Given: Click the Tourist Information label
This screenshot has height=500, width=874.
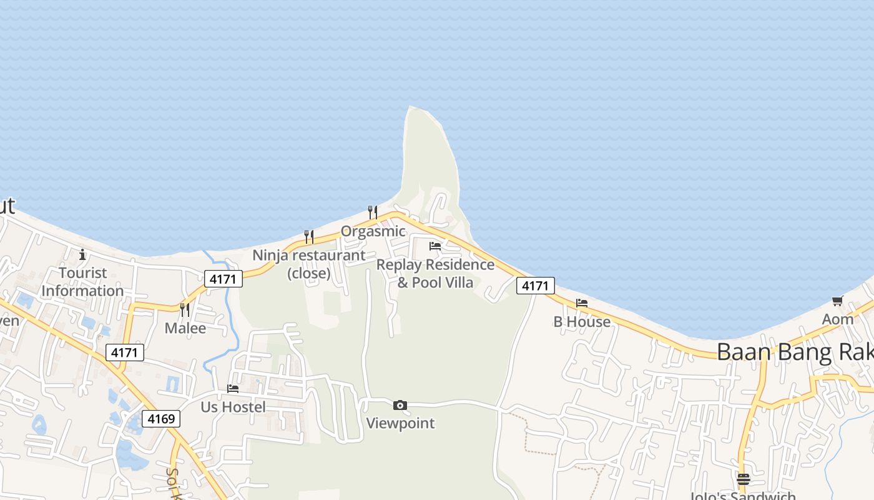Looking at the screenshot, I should coord(82,282).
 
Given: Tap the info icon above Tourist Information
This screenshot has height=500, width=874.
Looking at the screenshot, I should coord(82,254).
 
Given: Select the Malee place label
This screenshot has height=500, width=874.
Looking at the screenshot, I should coord(185,328).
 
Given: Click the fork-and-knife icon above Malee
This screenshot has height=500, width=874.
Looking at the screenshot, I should coord(185,310).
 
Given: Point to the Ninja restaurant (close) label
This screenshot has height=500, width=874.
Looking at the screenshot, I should coord(309,264).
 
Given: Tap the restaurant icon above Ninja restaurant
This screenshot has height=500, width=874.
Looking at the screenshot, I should coord(309,237).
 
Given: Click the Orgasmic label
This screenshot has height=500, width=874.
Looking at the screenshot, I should coord(373,231).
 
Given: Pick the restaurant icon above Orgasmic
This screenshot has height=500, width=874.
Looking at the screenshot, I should coord(373,212).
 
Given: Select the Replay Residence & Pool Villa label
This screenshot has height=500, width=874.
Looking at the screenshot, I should coord(435,274).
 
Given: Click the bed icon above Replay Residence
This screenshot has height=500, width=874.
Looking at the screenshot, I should coord(435,246).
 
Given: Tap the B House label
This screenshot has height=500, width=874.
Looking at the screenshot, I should coord(582,322).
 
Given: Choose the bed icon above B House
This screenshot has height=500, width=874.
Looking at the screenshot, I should coord(582,303).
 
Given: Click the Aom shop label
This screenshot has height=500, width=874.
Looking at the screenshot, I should coord(837,319).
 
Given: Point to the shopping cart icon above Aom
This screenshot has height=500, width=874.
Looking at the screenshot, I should coord(837,301).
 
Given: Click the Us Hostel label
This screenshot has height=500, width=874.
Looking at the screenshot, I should coord(233,407).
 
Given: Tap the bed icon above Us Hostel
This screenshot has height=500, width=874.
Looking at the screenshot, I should coord(233,389).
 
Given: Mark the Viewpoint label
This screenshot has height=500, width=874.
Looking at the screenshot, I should coord(400,423).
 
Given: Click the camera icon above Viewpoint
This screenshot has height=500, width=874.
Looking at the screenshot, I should coord(400,406).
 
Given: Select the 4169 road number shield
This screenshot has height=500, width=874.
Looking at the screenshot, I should coord(161,419).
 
